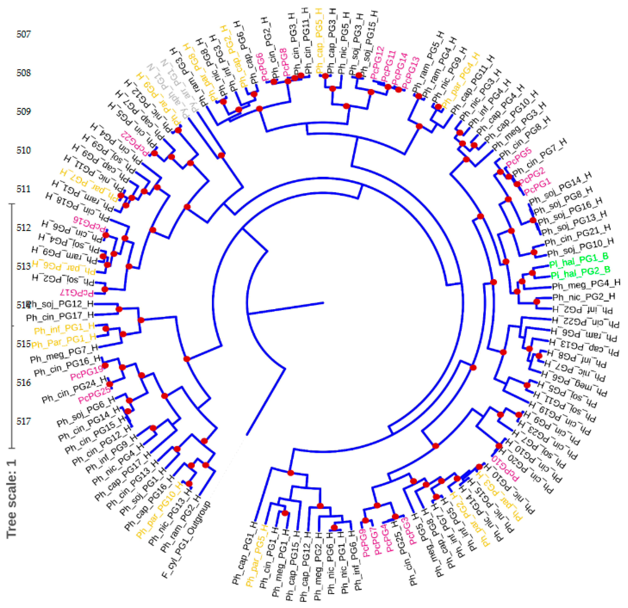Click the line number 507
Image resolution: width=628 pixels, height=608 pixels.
pos(24,34)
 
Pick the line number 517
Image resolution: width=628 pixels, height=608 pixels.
pos(24,421)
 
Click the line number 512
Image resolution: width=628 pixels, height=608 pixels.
pos(24,227)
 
